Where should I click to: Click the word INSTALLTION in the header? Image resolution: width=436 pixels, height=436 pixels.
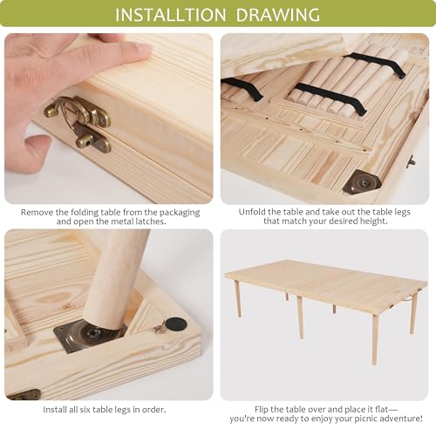click(171, 15)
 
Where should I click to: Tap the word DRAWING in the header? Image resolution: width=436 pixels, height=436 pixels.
click(278, 15)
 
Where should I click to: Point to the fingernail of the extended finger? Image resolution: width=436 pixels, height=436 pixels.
click(145, 49)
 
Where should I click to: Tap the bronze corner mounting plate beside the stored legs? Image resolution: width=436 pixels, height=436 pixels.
click(362, 181)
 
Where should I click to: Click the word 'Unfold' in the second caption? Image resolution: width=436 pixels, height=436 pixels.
click(249, 212)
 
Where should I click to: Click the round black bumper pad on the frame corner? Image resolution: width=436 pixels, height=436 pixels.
click(174, 324)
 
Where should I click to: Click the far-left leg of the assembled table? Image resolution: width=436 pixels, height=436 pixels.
click(238, 298)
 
